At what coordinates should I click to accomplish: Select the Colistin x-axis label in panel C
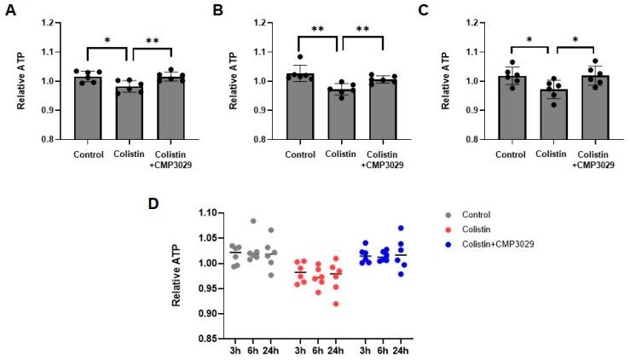click(x=552, y=155)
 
